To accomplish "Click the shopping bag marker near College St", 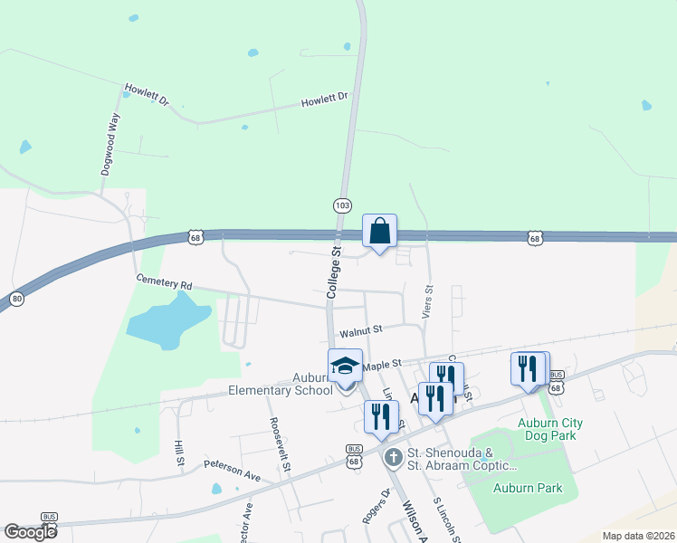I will (380, 231).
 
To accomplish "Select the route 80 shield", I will (16, 299).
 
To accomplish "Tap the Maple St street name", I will (381, 365).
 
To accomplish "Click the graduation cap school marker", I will (345, 366).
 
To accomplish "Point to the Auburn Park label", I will (528, 488).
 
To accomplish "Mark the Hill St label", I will (180, 453).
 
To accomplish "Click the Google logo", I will (30, 532).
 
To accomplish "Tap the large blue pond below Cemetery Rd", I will (168, 322).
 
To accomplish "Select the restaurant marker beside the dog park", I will (529, 369).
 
